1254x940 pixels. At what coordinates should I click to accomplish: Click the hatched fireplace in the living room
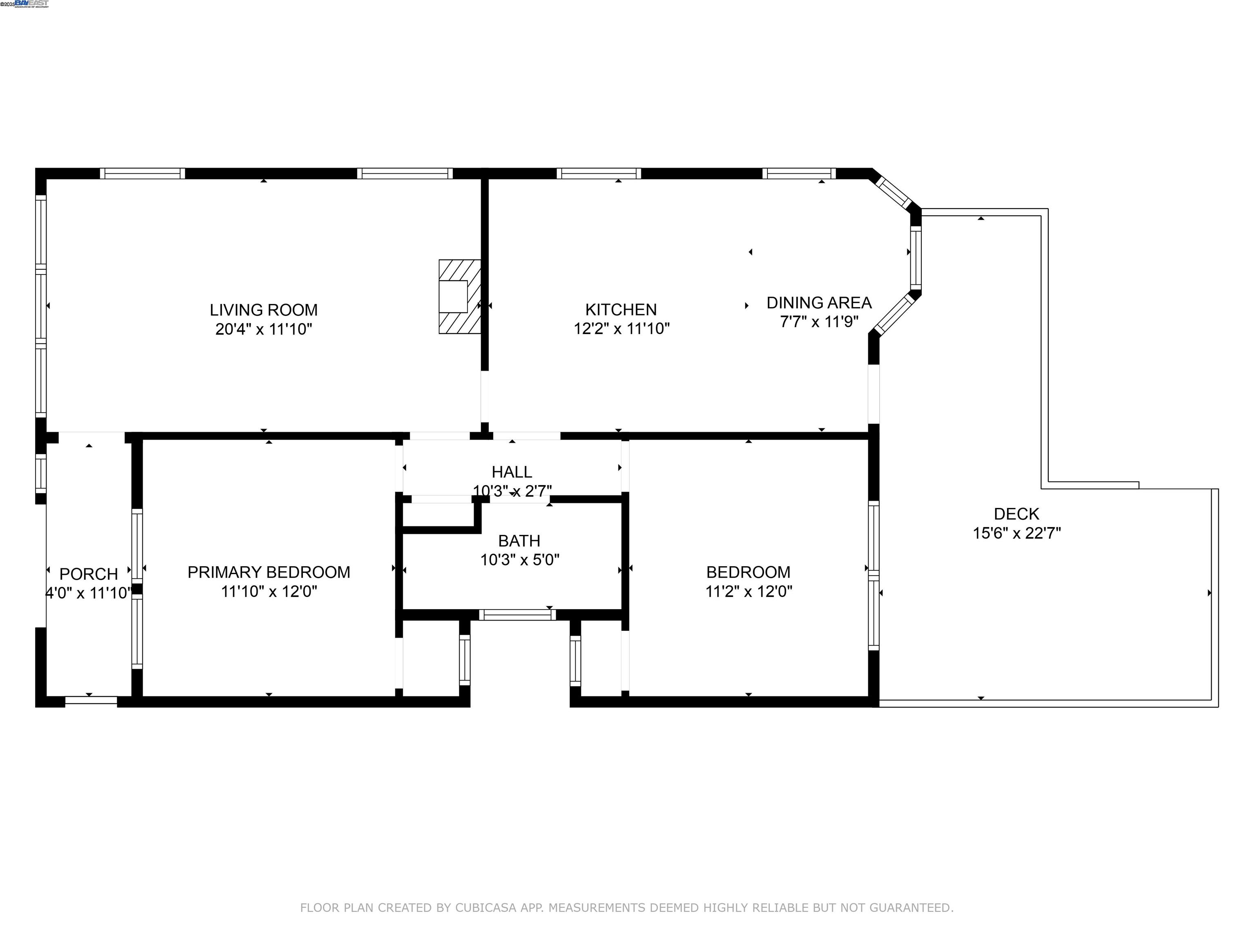click(459, 296)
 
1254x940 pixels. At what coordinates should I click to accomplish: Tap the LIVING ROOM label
click(264, 310)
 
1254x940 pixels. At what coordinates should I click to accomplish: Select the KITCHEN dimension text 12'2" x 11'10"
click(621, 328)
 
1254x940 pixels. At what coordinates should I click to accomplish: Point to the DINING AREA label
click(818, 303)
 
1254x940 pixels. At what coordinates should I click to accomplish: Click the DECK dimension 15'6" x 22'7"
click(1016, 533)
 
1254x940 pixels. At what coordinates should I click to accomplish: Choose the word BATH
click(519, 541)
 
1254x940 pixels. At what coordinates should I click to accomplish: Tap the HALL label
click(511, 472)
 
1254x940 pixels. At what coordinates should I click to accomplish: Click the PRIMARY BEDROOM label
click(269, 572)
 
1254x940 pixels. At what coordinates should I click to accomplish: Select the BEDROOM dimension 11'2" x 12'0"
click(748, 592)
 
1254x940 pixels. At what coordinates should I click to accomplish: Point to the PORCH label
click(89, 574)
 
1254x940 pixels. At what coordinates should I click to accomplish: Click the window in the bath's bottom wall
click(517, 615)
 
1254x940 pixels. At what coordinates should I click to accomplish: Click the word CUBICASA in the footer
click(485, 908)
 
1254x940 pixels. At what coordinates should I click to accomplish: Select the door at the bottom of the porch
click(91, 701)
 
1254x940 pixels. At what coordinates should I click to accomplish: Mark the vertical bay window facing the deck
click(915, 258)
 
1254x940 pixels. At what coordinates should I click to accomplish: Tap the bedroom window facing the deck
click(874, 576)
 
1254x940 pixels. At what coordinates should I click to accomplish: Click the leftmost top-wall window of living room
click(142, 173)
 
